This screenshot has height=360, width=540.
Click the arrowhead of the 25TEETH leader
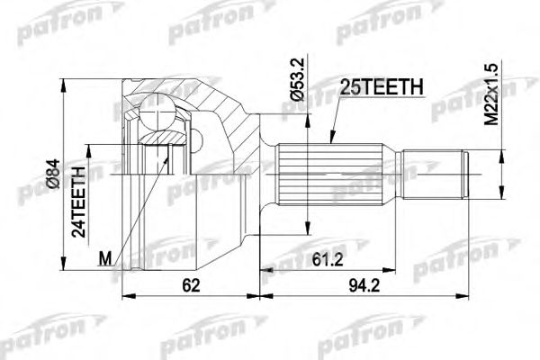pyautogui.click(x=330, y=142)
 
